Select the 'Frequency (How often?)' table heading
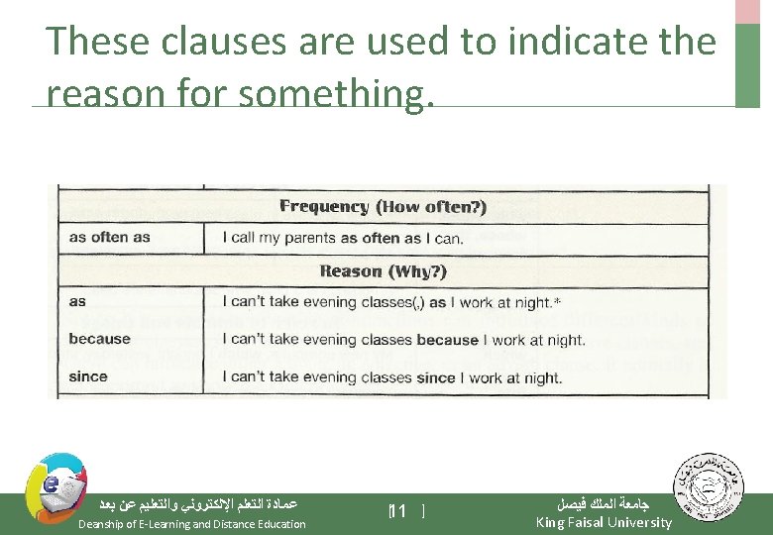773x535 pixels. coord(383,206)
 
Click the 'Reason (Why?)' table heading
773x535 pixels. coord(383,270)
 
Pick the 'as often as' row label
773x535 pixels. coord(109,238)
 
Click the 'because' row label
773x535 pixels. coord(99,339)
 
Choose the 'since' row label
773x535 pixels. coord(88,376)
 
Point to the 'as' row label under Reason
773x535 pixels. coord(77,301)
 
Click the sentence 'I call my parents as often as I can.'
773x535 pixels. coord(342,238)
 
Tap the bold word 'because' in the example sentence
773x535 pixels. coord(448,340)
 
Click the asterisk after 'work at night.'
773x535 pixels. coord(557,300)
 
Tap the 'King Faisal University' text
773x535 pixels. coord(603,522)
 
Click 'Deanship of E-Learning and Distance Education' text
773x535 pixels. coord(191,524)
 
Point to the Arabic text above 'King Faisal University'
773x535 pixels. coord(603,503)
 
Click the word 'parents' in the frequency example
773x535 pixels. coord(306,238)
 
